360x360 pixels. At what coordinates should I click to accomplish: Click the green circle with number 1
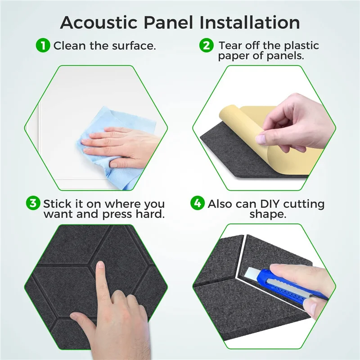pyautogui.click(x=43, y=45)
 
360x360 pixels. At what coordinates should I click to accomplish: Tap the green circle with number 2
pyautogui.click(x=207, y=45)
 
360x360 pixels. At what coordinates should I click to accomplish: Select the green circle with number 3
pyautogui.click(x=33, y=203)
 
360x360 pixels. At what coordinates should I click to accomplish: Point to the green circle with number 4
pyautogui.click(x=197, y=203)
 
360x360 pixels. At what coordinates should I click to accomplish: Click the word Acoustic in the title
pyautogui.click(x=99, y=22)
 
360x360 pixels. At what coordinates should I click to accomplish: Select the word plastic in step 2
pyautogui.click(x=297, y=45)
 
